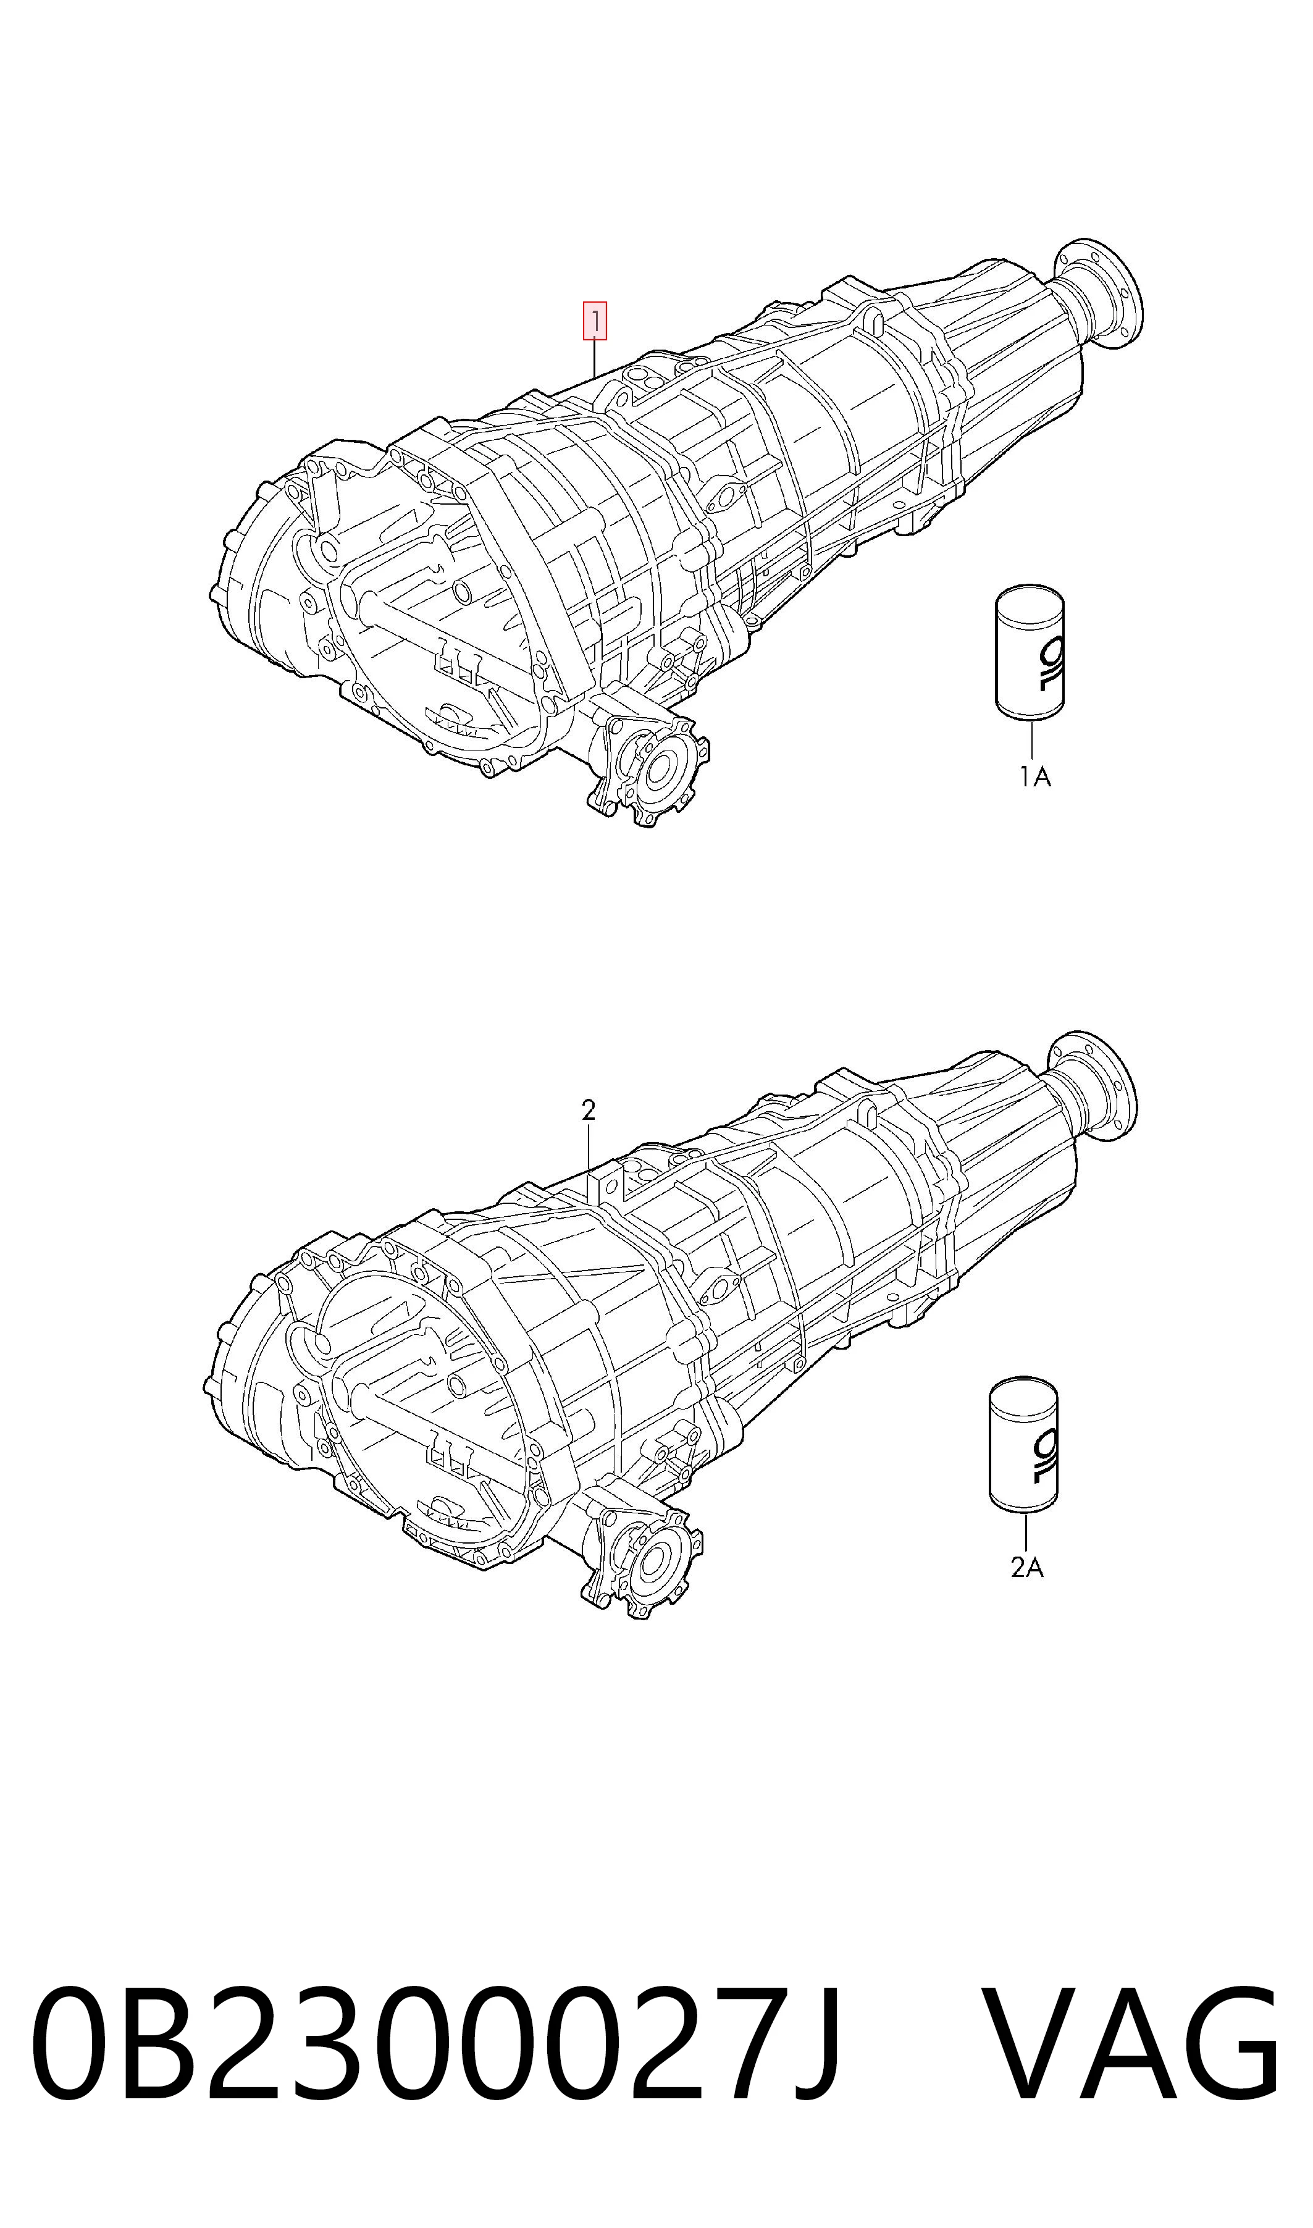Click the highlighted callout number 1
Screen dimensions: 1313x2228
594,322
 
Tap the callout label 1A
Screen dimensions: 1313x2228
1033,778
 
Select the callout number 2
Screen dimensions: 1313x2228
589,1111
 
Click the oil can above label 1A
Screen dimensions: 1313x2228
1030,650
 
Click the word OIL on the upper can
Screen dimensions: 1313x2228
1049,663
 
